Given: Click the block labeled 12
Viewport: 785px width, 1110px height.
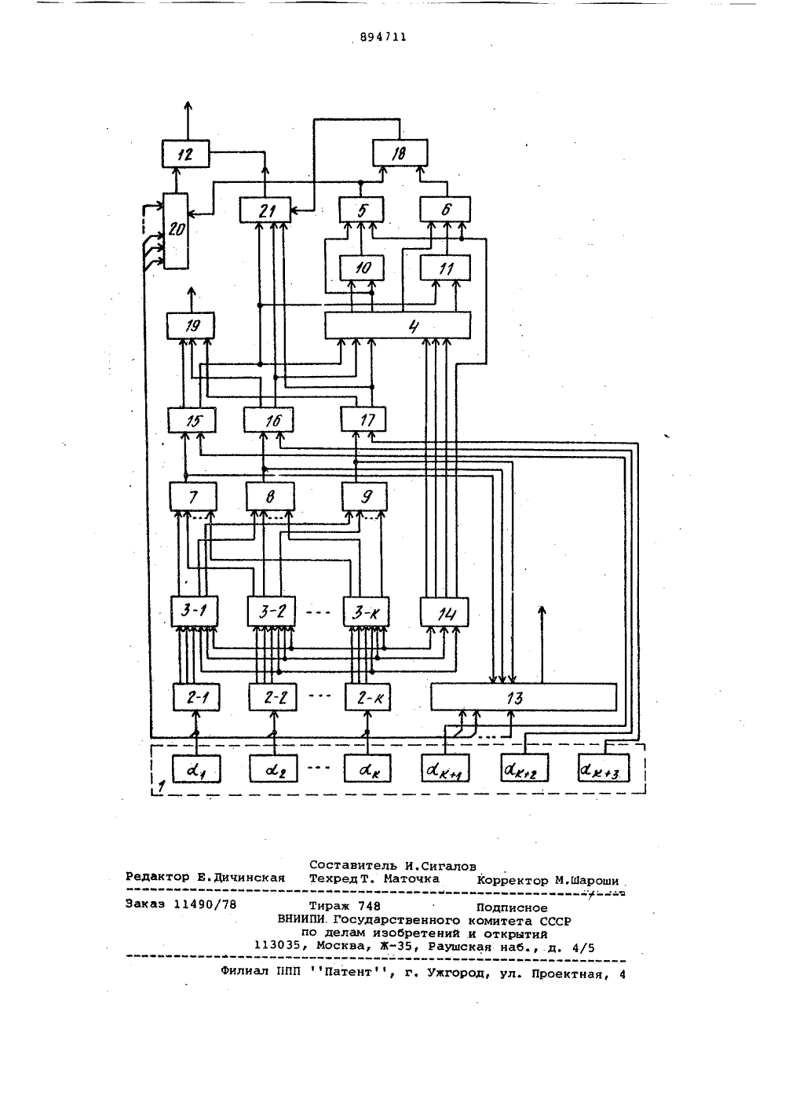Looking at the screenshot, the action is pos(185,154).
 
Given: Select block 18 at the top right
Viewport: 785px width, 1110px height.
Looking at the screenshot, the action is pos(400,152).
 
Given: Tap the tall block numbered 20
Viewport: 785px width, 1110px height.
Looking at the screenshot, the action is pos(176,231).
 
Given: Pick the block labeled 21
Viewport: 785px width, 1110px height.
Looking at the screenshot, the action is pos(265,210).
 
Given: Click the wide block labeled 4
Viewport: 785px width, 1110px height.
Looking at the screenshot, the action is pos(397,326).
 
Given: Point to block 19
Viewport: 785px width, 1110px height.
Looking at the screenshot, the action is pos(191,326).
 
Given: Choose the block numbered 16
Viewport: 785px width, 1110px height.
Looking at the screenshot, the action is pos(268,420).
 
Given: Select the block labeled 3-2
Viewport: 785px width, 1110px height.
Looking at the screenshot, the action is pos(271,611).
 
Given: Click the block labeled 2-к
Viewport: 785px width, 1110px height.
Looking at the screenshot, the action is pos(367,697).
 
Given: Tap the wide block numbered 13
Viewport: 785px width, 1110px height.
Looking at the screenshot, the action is pos(524,697).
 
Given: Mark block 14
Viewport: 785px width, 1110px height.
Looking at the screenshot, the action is pos(444,612).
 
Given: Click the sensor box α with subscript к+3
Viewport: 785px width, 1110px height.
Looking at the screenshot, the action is pos(604,768).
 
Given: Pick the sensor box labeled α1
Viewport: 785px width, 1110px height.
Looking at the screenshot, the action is pos(196,769).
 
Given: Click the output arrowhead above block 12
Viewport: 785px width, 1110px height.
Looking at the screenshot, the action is pos(188,105).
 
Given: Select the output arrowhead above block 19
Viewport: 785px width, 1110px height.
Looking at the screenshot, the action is pos(192,291).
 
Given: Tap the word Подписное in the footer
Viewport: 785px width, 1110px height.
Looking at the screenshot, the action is pos(512,907).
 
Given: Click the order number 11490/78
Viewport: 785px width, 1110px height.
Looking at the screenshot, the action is pos(205,904).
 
